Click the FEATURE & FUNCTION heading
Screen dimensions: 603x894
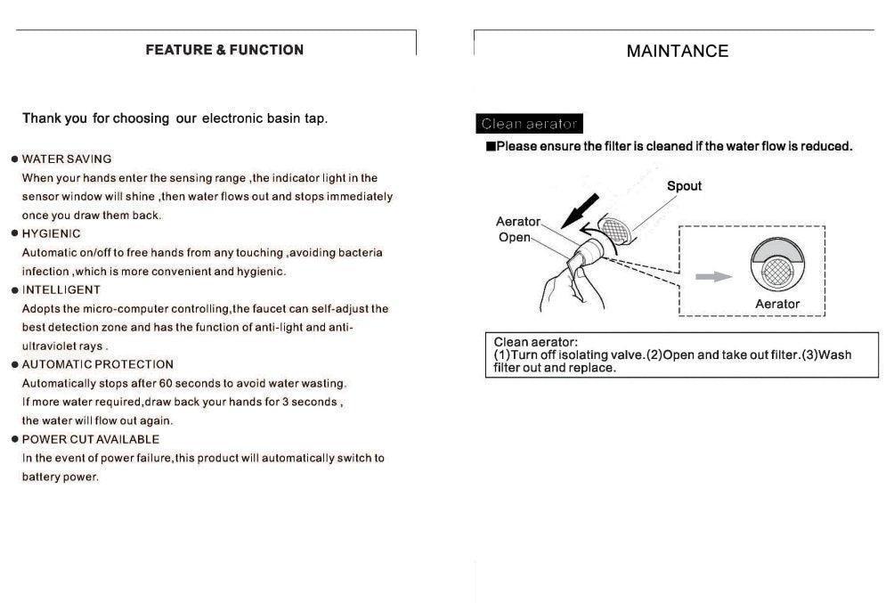click(x=224, y=50)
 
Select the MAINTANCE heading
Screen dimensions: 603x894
click(x=677, y=52)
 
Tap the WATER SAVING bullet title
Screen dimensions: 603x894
click(x=67, y=159)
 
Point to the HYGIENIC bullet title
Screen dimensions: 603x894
click(x=51, y=233)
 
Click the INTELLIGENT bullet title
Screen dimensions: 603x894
click(x=61, y=289)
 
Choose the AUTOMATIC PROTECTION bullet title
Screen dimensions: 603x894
click(x=97, y=364)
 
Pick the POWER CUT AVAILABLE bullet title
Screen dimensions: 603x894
click(x=90, y=439)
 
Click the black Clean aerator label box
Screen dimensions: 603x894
click(x=530, y=124)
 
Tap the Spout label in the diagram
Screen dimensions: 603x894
click(x=684, y=186)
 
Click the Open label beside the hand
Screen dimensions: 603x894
click(x=514, y=238)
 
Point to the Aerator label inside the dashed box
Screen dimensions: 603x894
click(x=777, y=304)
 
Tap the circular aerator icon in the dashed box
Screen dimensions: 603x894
click(x=777, y=265)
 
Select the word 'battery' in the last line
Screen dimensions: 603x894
click(x=40, y=477)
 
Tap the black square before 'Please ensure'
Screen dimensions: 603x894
click(x=490, y=146)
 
